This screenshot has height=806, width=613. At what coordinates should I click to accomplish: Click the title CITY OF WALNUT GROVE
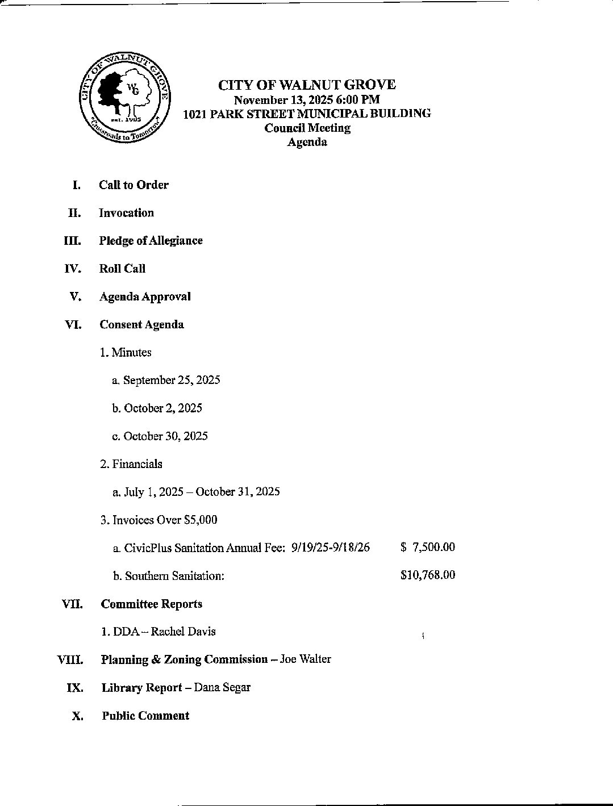307,85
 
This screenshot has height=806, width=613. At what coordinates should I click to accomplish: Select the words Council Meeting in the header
307,128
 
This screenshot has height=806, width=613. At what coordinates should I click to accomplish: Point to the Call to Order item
134,185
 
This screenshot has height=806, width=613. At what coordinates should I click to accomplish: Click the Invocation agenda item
126,213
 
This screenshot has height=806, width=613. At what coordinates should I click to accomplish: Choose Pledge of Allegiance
151,241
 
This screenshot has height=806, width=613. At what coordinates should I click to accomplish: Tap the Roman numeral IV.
73,269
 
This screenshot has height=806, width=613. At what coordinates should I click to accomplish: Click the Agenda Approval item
145,296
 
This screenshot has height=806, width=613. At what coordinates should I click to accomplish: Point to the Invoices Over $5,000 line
159,520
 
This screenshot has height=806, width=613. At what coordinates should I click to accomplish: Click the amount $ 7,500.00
427,547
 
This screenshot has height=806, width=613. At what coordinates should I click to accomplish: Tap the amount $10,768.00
427,575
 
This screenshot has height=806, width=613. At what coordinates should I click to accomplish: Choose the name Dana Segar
222,687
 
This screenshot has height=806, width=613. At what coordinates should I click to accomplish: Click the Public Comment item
145,716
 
